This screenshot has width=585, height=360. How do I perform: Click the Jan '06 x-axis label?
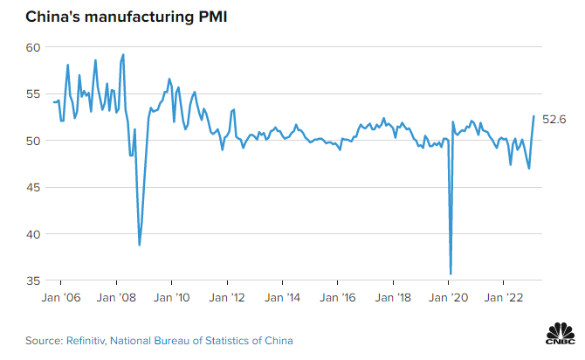click(x=60, y=298)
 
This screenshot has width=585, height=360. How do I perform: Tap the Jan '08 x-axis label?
click(x=116, y=298)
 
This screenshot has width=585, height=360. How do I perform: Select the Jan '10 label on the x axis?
click(x=171, y=298)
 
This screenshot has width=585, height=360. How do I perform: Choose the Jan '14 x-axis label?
click(x=282, y=298)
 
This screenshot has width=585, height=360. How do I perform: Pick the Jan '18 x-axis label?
click(x=393, y=298)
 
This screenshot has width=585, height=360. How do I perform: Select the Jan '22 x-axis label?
click(x=504, y=298)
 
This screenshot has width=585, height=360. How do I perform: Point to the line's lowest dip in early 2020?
click(x=451, y=273)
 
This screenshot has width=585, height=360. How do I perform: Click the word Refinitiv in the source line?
click(x=85, y=341)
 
